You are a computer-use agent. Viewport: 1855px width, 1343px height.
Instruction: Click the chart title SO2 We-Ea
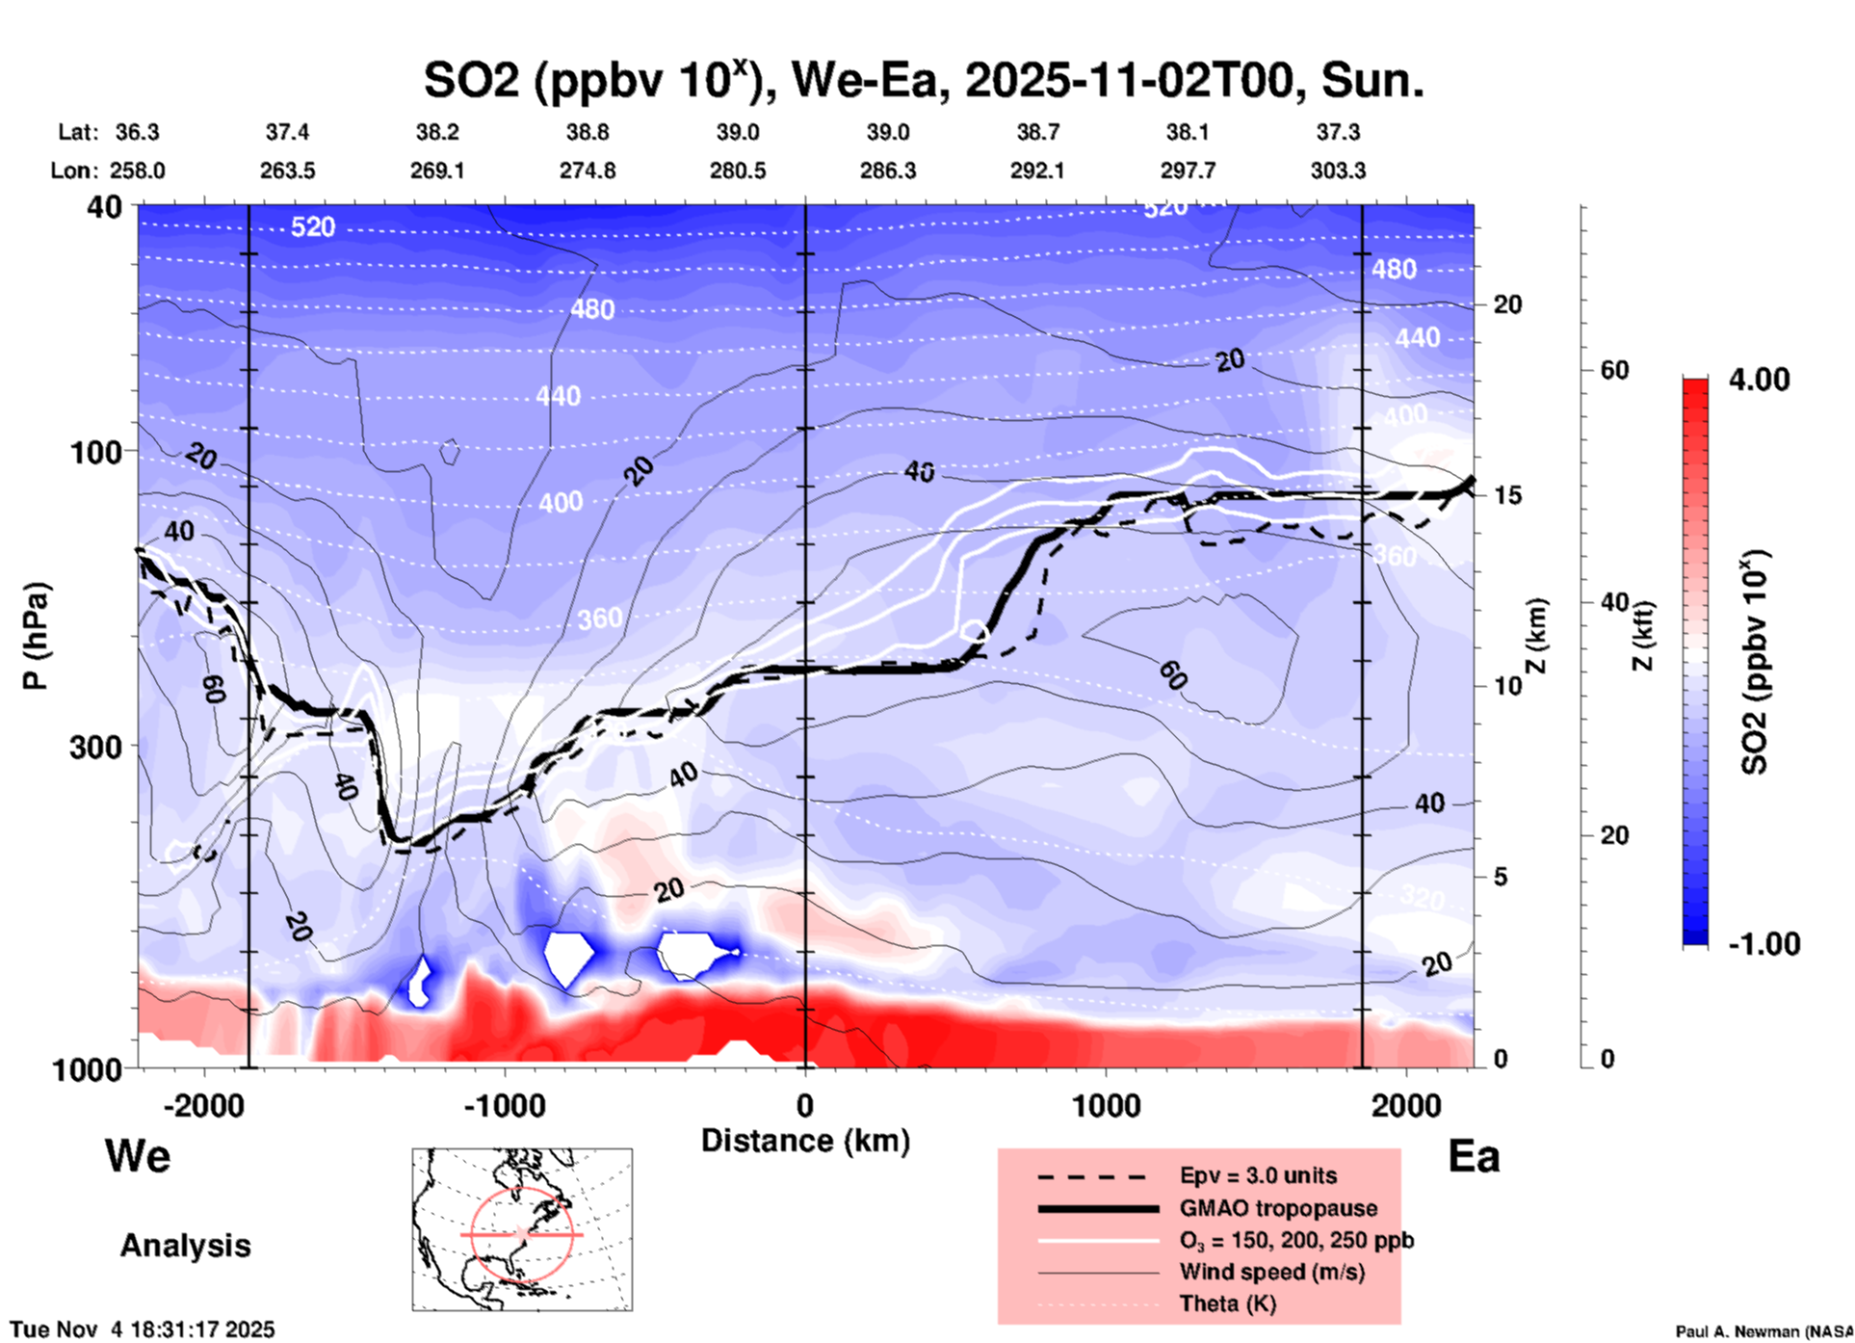pyautogui.click(x=923, y=81)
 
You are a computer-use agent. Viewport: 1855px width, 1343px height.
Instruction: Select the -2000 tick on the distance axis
pyautogui.click(x=204, y=1105)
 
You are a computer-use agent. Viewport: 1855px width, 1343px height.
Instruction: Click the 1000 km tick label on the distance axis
pyautogui.click(x=1106, y=1105)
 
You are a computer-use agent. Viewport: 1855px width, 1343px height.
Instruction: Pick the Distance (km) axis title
pyautogui.click(x=805, y=1141)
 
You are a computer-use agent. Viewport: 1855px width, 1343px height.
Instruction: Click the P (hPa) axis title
pyautogui.click(x=36, y=635)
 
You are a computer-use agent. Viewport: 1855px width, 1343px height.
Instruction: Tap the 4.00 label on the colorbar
pyautogui.click(x=1759, y=380)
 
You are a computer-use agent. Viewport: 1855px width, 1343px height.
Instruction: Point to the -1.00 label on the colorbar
pyautogui.click(x=1764, y=943)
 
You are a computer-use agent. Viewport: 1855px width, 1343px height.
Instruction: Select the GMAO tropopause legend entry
pyautogui.click(x=1277, y=1208)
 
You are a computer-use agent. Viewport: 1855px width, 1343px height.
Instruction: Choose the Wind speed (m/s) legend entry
pyautogui.click(x=1271, y=1272)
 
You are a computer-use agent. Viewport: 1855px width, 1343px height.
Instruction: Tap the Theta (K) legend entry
pyautogui.click(x=1227, y=1303)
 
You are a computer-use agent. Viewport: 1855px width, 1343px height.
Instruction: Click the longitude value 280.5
pyautogui.click(x=738, y=171)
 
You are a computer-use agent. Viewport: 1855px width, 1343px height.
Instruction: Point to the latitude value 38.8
pyautogui.click(x=588, y=132)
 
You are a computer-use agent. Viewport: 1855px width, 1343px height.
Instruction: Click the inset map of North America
pyautogui.click(x=522, y=1229)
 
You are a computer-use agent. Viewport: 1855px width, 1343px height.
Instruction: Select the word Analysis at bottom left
pyautogui.click(x=185, y=1246)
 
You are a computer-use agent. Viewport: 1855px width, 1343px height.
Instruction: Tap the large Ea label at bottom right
pyautogui.click(x=1474, y=1157)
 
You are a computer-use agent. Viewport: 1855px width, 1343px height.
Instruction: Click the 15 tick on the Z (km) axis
pyautogui.click(x=1507, y=495)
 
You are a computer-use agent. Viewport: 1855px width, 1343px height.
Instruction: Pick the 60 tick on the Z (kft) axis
pyautogui.click(x=1614, y=370)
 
